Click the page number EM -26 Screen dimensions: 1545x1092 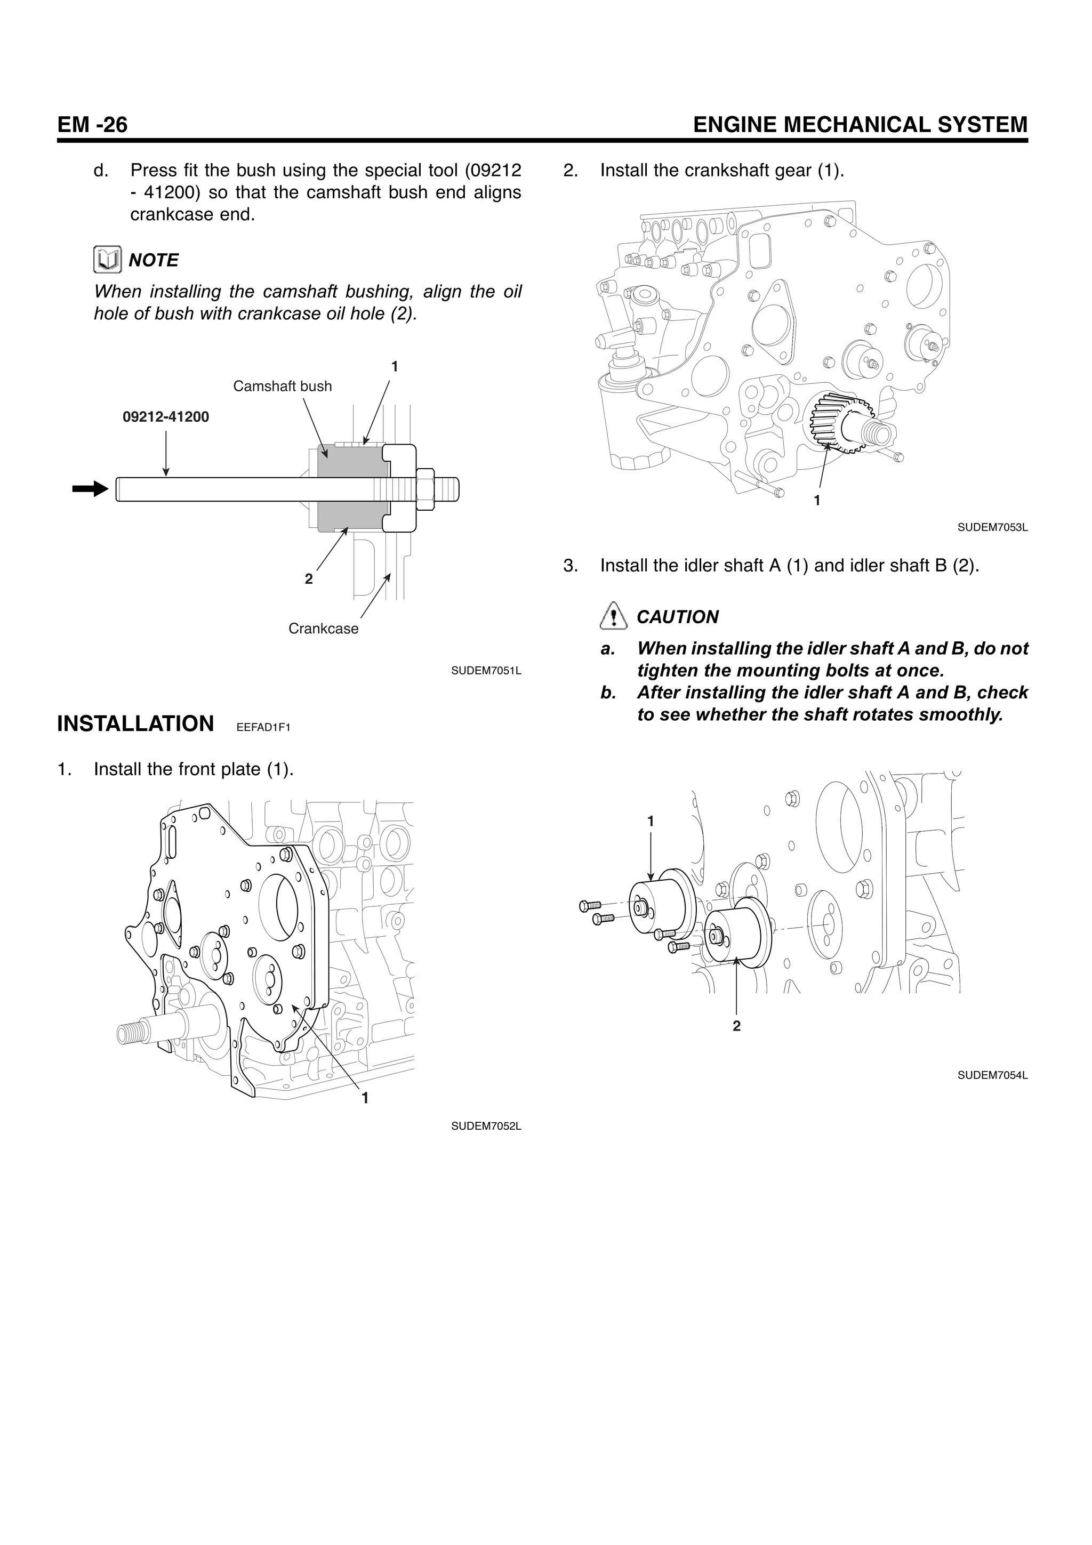click(92, 125)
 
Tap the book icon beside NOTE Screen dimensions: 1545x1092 click(108, 260)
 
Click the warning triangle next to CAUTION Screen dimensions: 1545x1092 click(612, 616)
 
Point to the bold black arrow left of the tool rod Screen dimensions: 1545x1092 click(90, 489)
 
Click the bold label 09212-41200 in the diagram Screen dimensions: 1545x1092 click(165, 417)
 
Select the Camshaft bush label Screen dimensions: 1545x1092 click(282, 386)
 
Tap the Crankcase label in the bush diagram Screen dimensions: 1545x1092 click(323, 629)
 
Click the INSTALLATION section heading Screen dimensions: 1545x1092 click(135, 724)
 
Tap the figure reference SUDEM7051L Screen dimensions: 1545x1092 click(486, 671)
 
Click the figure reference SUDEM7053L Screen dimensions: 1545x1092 click(992, 528)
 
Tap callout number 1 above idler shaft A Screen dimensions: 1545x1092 click(650, 821)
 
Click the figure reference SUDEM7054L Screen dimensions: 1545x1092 click(992, 1075)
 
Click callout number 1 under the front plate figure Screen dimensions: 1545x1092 click(365, 1098)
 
